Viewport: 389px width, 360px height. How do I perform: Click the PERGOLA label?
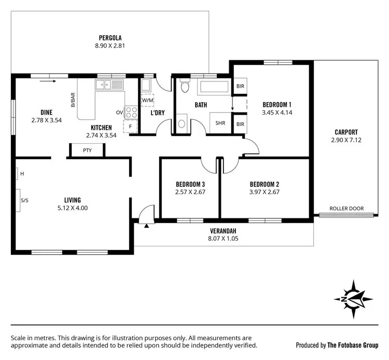(110, 37)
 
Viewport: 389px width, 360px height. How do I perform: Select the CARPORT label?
(346, 132)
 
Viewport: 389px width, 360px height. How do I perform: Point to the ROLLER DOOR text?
(346, 209)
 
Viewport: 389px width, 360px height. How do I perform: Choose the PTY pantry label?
(87, 150)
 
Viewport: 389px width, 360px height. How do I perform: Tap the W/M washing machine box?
(147, 100)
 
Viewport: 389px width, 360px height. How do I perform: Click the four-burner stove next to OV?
(131, 112)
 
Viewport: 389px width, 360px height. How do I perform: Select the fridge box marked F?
(130, 126)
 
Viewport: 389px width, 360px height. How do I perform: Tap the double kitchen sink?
(109, 85)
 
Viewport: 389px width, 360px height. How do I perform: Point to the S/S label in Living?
(24, 200)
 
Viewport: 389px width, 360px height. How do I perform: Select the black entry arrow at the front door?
(146, 226)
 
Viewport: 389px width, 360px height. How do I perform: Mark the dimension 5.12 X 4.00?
(72, 208)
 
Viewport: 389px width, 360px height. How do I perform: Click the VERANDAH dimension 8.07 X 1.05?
(223, 239)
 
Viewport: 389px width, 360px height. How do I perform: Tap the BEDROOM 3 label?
(190, 184)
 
